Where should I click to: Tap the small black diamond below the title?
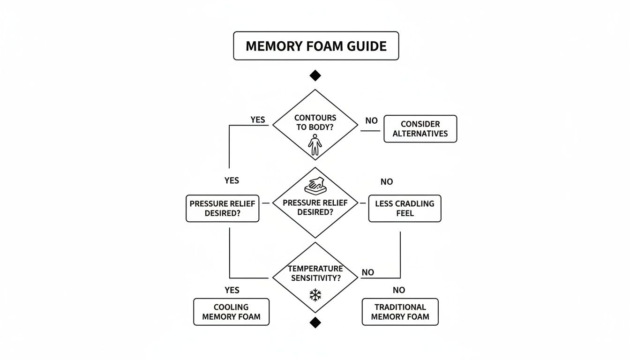[x=315, y=75]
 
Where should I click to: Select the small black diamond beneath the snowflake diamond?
[x=315, y=322]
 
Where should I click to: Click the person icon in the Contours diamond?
[x=315, y=145]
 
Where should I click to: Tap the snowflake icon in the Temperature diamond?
[x=315, y=295]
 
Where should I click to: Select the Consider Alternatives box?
[x=420, y=129]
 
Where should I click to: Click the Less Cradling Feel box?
[x=405, y=209]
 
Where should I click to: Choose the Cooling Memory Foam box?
[x=231, y=312]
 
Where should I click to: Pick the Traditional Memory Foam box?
[x=400, y=312]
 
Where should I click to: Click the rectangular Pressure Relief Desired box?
[x=222, y=209]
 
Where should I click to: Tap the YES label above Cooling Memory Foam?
[x=232, y=290]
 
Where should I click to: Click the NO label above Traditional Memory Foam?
[x=399, y=290]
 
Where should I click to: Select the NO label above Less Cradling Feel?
[x=387, y=181]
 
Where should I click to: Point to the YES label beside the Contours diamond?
[x=257, y=120]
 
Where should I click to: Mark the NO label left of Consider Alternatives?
[x=371, y=120]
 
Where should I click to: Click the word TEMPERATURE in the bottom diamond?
[x=315, y=269]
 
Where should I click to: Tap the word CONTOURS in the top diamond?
[x=315, y=118]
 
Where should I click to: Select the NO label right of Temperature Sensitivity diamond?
[x=368, y=272]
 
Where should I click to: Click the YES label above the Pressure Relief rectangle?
[x=232, y=180]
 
